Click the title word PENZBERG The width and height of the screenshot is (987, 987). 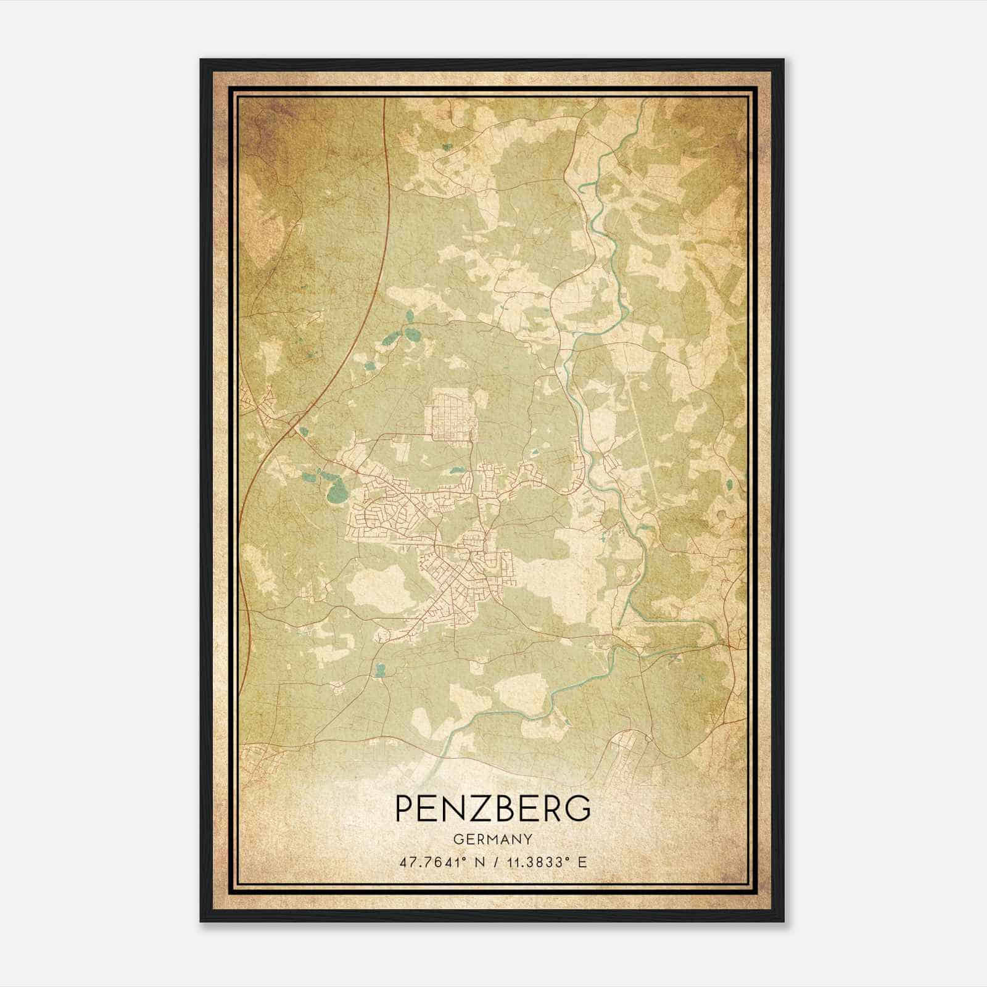point(492,808)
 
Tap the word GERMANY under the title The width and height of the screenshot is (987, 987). point(492,839)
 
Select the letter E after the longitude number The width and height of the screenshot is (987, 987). point(582,862)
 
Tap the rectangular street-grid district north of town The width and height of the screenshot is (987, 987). point(453,414)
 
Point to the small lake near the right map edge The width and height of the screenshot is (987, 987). point(729,484)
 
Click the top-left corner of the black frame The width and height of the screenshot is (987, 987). point(202,60)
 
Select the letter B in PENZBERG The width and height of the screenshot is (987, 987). point(498,808)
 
